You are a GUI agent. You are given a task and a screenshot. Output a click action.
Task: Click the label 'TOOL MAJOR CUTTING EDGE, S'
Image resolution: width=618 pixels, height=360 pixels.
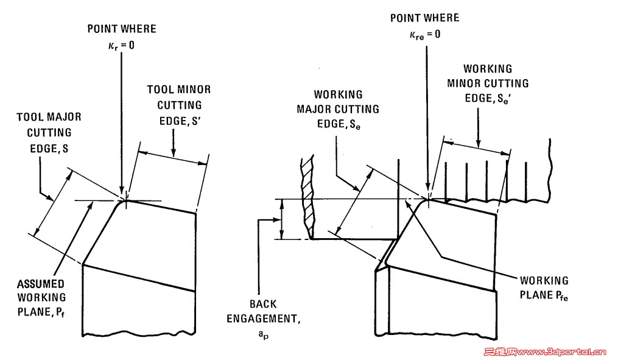[48, 132]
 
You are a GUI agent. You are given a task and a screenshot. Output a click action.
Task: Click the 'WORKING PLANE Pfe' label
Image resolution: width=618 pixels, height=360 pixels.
[543, 289]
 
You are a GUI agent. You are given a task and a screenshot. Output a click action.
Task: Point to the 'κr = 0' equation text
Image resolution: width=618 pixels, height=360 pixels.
[122, 44]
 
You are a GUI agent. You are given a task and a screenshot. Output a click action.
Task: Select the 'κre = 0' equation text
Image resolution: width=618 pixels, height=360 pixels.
[424, 34]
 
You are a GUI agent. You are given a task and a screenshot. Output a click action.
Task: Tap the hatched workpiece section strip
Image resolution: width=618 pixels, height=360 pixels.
[309, 195]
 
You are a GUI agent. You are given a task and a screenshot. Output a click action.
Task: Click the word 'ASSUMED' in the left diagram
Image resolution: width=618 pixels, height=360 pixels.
[40, 284]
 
